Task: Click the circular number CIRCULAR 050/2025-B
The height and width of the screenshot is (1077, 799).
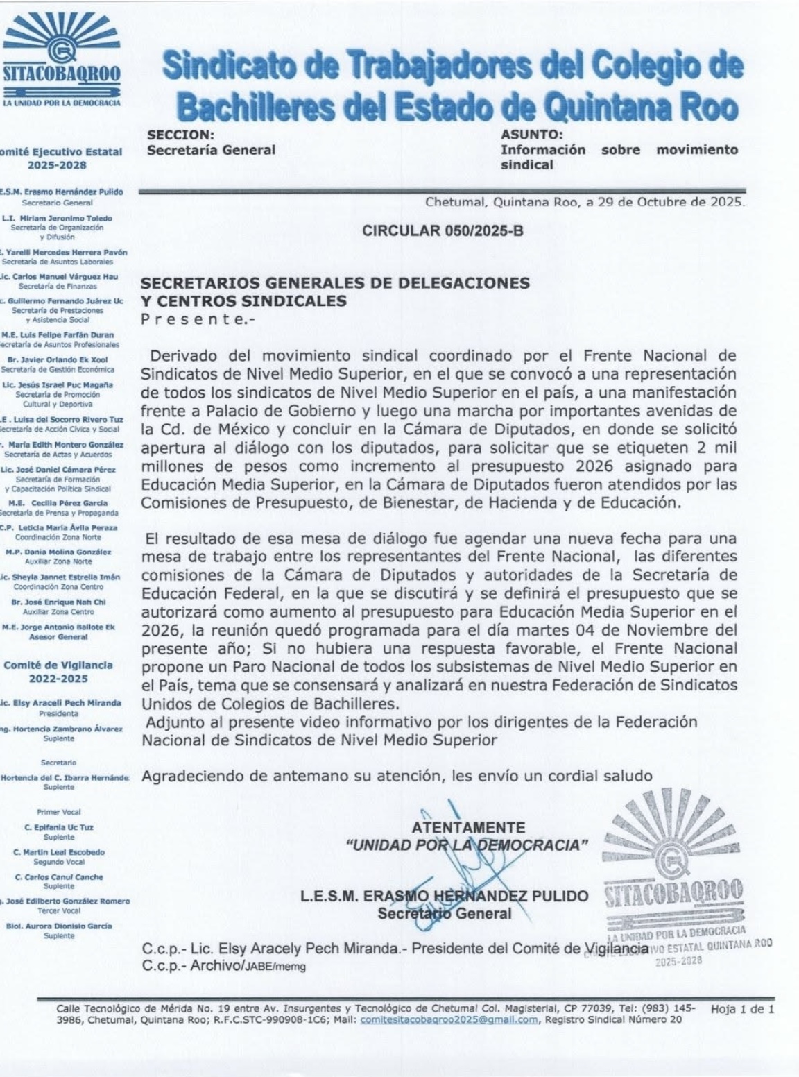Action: click(443, 231)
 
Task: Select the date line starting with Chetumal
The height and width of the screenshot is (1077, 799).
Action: click(585, 203)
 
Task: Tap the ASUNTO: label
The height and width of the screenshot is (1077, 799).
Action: click(532, 135)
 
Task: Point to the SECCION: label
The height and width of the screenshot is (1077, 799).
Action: click(180, 135)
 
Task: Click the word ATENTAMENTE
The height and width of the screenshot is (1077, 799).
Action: click(468, 828)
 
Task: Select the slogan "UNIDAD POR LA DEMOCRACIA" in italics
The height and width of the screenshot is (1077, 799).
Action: click(467, 845)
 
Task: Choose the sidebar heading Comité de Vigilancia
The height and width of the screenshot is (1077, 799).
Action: click(58, 665)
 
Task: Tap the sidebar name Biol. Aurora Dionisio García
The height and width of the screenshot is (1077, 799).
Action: click(58, 926)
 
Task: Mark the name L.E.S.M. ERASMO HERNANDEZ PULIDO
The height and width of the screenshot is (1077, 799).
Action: click(444, 896)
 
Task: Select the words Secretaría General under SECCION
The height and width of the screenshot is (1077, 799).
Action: click(211, 149)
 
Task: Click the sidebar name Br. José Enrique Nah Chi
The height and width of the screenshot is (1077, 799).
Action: click(58, 602)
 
